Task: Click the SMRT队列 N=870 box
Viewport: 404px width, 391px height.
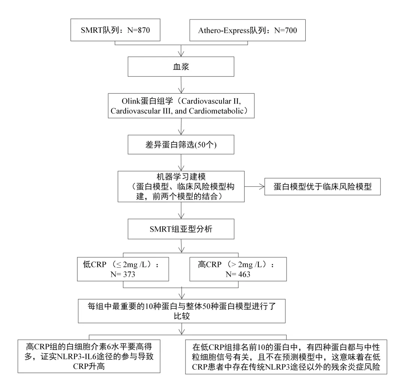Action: click(x=116, y=30)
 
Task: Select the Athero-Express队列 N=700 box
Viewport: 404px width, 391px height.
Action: click(x=248, y=30)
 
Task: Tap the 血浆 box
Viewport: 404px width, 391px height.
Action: click(x=181, y=66)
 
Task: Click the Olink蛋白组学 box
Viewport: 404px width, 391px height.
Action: click(x=181, y=106)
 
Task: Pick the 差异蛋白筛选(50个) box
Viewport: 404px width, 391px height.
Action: click(x=181, y=145)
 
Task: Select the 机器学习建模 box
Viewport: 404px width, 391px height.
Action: click(x=181, y=186)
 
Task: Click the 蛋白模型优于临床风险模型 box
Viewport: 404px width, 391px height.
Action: click(x=322, y=186)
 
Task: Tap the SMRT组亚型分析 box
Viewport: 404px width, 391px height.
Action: click(x=181, y=229)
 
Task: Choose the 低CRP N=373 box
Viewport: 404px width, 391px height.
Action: click(x=123, y=269)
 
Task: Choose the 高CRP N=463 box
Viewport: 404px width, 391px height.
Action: click(x=238, y=269)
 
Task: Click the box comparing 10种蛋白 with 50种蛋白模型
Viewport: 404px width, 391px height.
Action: click(x=182, y=311)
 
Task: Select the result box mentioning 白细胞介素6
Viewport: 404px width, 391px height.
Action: click(x=89, y=356)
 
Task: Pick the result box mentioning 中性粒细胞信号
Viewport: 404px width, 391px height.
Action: click(x=286, y=357)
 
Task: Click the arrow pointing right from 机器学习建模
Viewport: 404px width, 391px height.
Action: click(x=255, y=186)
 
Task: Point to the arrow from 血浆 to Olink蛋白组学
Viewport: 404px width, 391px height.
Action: click(x=181, y=85)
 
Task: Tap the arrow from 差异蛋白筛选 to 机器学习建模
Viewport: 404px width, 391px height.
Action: click(x=181, y=162)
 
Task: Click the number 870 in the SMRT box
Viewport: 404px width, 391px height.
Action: click(x=144, y=30)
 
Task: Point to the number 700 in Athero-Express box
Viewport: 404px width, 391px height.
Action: click(x=291, y=30)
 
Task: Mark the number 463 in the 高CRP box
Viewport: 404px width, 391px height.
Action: click(x=244, y=274)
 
